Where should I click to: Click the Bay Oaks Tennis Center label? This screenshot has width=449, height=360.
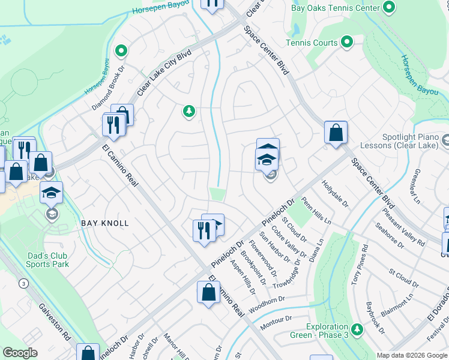(x=335, y=8)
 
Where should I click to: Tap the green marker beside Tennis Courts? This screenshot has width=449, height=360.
(x=346, y=42)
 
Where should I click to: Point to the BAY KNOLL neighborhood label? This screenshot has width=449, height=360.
(x=105, y=223)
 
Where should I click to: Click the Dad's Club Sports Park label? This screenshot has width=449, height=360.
(x=48, y=260)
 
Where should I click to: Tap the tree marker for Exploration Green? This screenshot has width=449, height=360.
(x=357, y=329)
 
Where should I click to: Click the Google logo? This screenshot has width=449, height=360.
(x=20, y=353)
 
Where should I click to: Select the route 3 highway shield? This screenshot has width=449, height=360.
(x=23, y=283)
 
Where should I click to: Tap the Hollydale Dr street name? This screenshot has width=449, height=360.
(x=335, y=194)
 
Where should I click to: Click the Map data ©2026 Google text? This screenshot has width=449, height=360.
(x=412, y=355)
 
